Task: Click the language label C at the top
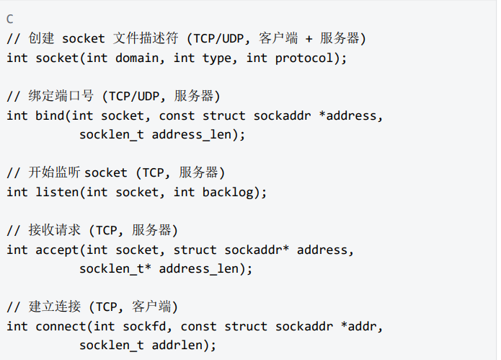pyautogui.click(x=9, y=19)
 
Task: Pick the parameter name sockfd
pyautogui.click(x=144, y=326)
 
